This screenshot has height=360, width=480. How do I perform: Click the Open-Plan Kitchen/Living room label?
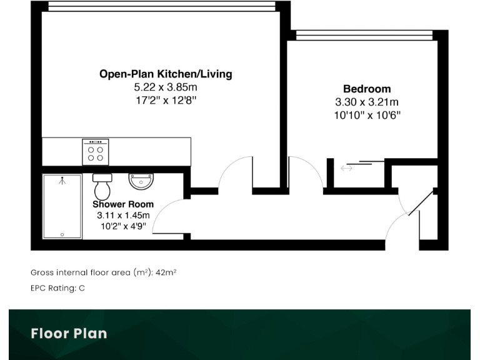[x=166, y=74]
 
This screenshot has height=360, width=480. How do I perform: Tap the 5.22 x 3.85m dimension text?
[x=166, y=87]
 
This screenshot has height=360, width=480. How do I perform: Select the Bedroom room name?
[x=367, y=89]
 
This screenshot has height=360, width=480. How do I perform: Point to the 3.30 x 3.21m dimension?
[x=367, y=102]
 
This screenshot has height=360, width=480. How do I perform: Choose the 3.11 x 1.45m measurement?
[x=123, y=216]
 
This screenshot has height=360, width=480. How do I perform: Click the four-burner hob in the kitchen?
[x=96, y=152]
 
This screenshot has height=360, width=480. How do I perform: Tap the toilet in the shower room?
[x=102, y=185]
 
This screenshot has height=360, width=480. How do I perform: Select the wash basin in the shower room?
[x=141, y=181]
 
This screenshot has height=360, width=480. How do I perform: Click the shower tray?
[x=62, y=206]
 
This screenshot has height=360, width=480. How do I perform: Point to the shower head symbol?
[x=62, y=181]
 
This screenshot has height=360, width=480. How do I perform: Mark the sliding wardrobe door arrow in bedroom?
[x=346, y=167]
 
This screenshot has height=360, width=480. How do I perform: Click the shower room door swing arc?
[x=167, y=212]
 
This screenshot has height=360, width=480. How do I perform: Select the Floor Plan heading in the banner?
[x=69, y=333]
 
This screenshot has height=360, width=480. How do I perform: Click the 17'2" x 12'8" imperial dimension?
[x=166, y=101]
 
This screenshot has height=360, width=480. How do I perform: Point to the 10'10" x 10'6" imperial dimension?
[x=367, y=115]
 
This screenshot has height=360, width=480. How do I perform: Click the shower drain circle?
[x=62, y=234]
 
